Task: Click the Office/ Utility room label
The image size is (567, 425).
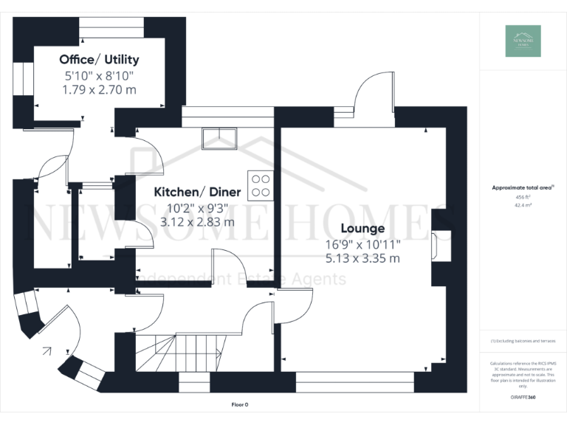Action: [99, 60]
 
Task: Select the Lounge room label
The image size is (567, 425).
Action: [362, 229]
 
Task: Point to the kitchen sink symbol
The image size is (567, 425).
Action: [219, 138]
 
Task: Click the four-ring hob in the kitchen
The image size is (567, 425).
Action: [260, 184]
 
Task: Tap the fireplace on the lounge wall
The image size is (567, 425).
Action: [438, 246]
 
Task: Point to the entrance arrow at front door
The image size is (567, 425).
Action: [47, 350]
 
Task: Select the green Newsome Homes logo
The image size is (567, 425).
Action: [523, 41]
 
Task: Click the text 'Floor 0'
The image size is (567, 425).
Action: [240, 405]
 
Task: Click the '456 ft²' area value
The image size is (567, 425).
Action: [523, 197]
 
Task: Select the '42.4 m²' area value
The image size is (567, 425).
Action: [523, 206]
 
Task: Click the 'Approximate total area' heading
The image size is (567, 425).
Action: [521, 188]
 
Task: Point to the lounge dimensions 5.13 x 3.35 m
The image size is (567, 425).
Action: [362, 258]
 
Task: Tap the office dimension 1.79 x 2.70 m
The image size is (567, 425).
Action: [99, 89]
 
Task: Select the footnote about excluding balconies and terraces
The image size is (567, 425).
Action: [523, 341]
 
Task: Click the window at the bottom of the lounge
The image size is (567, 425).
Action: [355, 381]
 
